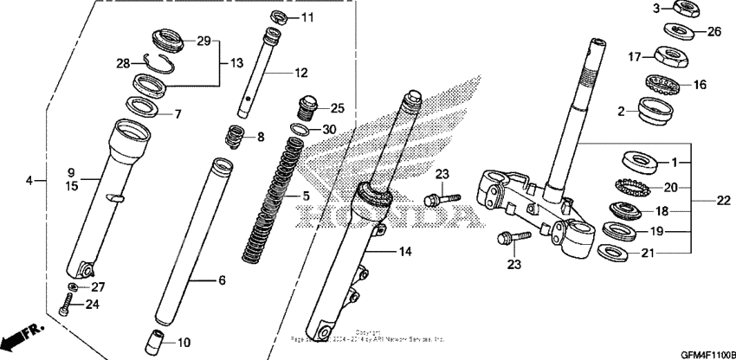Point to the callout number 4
(30, 181)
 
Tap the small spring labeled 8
(233, 137)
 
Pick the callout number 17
(635, 58)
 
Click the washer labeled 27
(74, 287)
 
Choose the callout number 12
(301, 73)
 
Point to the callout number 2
(622, 111)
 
